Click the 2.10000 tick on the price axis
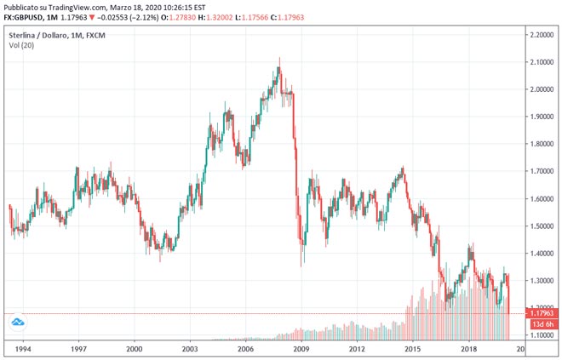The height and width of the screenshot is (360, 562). point(542,62)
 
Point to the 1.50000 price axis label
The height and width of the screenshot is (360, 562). point(542,226)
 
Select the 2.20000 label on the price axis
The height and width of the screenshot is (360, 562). point(542,35)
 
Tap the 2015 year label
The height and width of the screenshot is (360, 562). point(413,349)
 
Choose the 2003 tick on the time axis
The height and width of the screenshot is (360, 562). point(190,349)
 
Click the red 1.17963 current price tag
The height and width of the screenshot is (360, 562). point(542,314)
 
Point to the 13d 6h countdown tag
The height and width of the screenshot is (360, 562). point(542,324)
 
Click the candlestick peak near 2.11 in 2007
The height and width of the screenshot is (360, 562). point(278,60)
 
